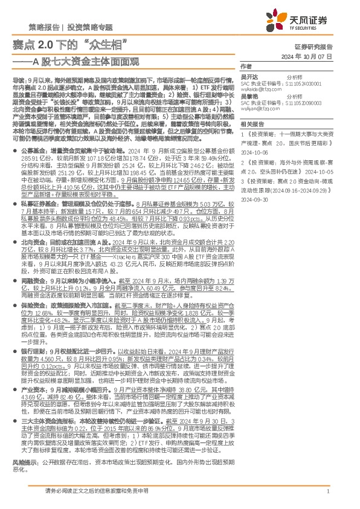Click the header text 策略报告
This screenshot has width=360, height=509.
[43, 28]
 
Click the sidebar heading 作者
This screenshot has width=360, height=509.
[245, 66]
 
